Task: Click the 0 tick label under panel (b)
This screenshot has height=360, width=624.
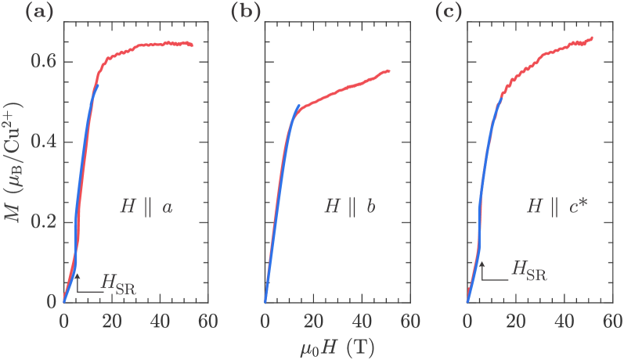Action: pos(265,320)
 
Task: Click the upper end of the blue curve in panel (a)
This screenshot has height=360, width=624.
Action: pos(99,85)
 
